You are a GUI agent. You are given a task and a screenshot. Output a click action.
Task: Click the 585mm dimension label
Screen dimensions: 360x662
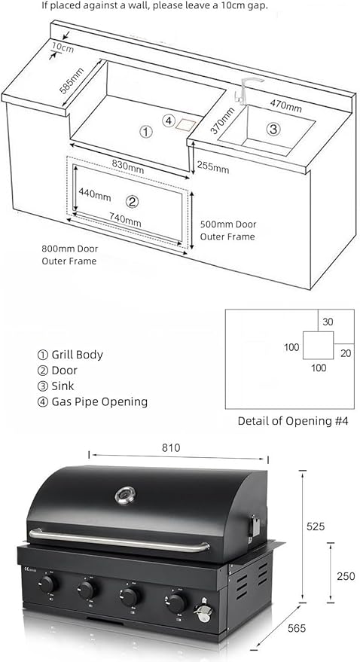pyautogui.click(x=72, y=81)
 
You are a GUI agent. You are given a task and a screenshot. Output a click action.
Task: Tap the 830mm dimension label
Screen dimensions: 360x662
pyautogui.click(x=127, y=166)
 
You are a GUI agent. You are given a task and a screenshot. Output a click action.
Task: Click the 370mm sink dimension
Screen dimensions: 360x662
pyautogui.click(x=222, y=121)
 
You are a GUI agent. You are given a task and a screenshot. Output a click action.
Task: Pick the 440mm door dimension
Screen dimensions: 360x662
pyautogui.click(x=95, y=196)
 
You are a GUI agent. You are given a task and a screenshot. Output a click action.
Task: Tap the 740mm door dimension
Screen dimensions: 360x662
pyautogui.click(x=125, y=220)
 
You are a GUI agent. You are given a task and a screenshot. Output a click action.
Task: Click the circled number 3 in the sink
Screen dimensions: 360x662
pyautogui.click(x=273, y=129)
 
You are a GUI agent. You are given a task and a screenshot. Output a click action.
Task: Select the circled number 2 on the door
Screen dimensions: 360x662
pyautogui.click(x=133, y=203)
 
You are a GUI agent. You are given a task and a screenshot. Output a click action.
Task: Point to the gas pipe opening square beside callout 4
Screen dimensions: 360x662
pyautogui.click(x=186, y=124)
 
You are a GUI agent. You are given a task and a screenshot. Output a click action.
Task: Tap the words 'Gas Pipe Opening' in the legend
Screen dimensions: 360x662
pyautogui.click(x=99, y=401)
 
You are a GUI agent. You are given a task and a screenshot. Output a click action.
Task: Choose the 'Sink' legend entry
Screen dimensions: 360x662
pyautogui.click(x=63, y=386)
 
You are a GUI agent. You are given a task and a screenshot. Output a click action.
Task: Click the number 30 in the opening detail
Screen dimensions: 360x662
pyautogui.click(x=328, y=322)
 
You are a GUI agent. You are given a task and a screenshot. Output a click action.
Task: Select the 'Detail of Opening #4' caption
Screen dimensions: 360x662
pyautogui.click(x=293, y=421)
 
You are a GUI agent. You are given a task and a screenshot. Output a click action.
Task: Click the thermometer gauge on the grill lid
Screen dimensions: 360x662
pyautogui.click(x=125, y=496)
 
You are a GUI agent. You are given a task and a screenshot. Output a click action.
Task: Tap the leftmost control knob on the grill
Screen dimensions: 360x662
pyautogui.click(x=48, y=584)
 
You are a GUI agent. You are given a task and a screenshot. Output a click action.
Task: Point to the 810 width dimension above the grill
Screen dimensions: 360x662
pyautogui.click(x=171, y=448)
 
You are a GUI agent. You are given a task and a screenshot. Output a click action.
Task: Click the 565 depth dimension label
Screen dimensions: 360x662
pyautogui.click(x=297, y=629)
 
